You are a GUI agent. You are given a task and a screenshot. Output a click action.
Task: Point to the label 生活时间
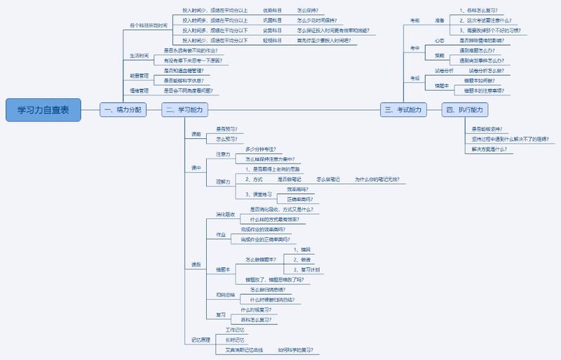coord(140,55)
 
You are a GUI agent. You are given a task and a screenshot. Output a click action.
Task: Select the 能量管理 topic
coord(140,75)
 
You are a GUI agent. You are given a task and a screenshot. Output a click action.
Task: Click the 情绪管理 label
coord(140,91)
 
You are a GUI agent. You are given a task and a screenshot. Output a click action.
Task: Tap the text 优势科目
coord(273,11)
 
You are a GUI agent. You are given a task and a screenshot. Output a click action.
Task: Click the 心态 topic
coord(439,41)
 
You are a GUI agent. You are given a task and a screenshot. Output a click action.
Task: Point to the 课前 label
coord(196,134)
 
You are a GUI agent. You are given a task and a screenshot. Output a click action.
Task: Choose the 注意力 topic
coord(223,154)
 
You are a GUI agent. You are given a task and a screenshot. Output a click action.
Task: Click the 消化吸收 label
coord(225,213)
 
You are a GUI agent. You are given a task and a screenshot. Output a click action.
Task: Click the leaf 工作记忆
coord(236,329)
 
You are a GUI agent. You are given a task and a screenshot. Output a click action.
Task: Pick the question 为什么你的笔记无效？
coord(377,180)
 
